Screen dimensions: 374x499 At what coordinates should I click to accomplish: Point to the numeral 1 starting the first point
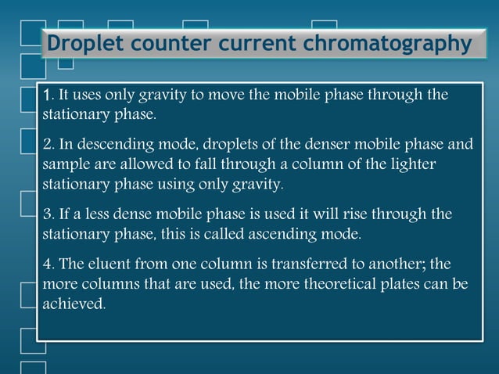(47, 95)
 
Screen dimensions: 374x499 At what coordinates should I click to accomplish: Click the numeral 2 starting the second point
(47, 145)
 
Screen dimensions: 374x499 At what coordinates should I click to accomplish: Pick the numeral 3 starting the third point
(47, 214)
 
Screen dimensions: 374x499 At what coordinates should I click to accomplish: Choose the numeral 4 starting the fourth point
(47, 264)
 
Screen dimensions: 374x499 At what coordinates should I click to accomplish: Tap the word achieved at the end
(73, 304)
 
